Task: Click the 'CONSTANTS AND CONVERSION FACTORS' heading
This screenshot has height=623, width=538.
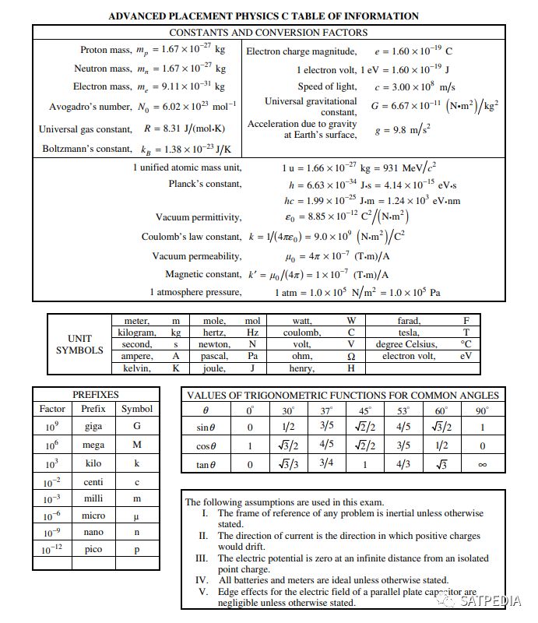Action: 269,33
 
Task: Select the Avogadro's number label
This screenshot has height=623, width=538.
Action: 90,106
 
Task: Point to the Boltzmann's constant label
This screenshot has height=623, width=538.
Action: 87,148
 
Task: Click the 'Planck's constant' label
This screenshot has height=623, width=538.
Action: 205,184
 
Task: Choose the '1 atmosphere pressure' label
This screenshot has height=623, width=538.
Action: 195,292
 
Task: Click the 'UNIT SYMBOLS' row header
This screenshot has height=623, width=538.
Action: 79,344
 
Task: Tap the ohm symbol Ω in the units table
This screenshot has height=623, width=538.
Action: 350,356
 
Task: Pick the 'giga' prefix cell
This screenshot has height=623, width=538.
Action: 93,427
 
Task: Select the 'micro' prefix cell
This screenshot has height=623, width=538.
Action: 93,516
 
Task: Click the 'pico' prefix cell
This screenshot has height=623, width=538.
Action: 93,549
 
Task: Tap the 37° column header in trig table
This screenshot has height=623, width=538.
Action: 327,410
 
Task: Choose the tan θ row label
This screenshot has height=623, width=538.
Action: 206,464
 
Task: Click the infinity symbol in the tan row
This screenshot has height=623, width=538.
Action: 482,465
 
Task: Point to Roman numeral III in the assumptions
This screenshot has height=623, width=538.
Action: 202,558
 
